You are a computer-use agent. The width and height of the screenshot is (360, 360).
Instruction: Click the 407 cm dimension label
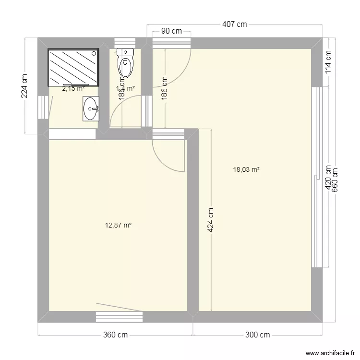(234, 24)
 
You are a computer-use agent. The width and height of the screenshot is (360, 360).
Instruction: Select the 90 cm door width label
(171, 31)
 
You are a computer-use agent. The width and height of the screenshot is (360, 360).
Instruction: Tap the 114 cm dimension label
(328, 61)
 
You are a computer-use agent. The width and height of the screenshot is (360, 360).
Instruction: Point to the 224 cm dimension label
(24, 85)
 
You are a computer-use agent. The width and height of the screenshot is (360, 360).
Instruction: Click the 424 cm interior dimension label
(211, 220)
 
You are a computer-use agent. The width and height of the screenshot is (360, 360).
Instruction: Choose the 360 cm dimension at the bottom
(115, 335)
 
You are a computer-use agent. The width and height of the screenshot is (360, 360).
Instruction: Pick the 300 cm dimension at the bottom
(257, 335)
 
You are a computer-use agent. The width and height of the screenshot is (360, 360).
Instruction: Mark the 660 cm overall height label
(335, 180)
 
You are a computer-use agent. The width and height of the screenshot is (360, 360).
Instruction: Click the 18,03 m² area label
(246, 169)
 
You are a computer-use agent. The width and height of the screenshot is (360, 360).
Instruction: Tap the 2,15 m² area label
(73, 88)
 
